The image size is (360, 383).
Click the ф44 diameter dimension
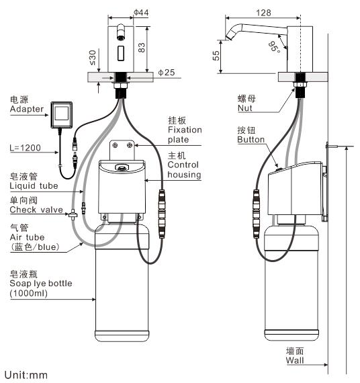point(141,12)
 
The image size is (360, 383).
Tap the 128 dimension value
point(263,13)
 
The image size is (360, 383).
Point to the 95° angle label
point(274,46)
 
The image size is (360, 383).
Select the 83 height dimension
point(142,48)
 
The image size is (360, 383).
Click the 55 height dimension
point(216,56)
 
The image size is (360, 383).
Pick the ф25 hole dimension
point(167,73)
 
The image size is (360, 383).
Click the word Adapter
point(27,109)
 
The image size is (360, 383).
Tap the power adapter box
point(62,114)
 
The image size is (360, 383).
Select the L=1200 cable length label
point(25,148)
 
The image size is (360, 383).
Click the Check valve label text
point(36,210)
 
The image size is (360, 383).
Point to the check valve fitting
point(73,214)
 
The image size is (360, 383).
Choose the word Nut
point(244,108)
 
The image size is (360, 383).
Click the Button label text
point(251,140)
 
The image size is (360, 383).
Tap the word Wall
point(295,360)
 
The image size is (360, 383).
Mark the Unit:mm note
point(26,375)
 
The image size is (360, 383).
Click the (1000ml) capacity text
point(29,293)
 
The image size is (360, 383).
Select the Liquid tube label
point(34,185)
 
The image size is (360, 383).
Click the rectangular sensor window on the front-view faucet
point(121,53)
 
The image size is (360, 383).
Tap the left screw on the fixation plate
point(115,146)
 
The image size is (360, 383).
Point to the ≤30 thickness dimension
point(93,58)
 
